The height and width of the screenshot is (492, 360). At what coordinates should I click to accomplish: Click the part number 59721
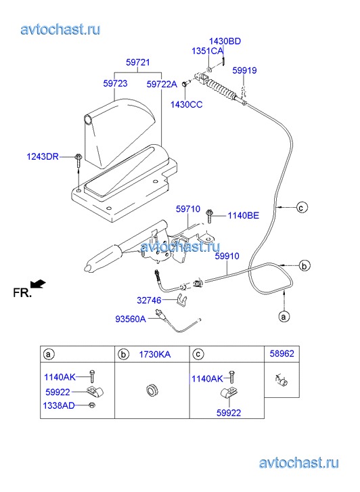point(138,62)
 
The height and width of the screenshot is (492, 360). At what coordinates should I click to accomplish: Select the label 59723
point(115,83)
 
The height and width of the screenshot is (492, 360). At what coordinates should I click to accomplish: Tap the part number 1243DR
point(43,156)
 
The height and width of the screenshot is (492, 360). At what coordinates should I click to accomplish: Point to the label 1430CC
point(187,104)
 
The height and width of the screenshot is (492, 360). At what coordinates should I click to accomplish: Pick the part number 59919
point(244,70)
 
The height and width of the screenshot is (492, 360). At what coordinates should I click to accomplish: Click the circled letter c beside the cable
point(302,207)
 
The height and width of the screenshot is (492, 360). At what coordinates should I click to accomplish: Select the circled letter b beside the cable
point(304,266)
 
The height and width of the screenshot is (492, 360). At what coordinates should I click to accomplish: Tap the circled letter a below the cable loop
point(284,316)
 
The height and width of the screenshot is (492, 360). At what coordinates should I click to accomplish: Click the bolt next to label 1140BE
point(209,216)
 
